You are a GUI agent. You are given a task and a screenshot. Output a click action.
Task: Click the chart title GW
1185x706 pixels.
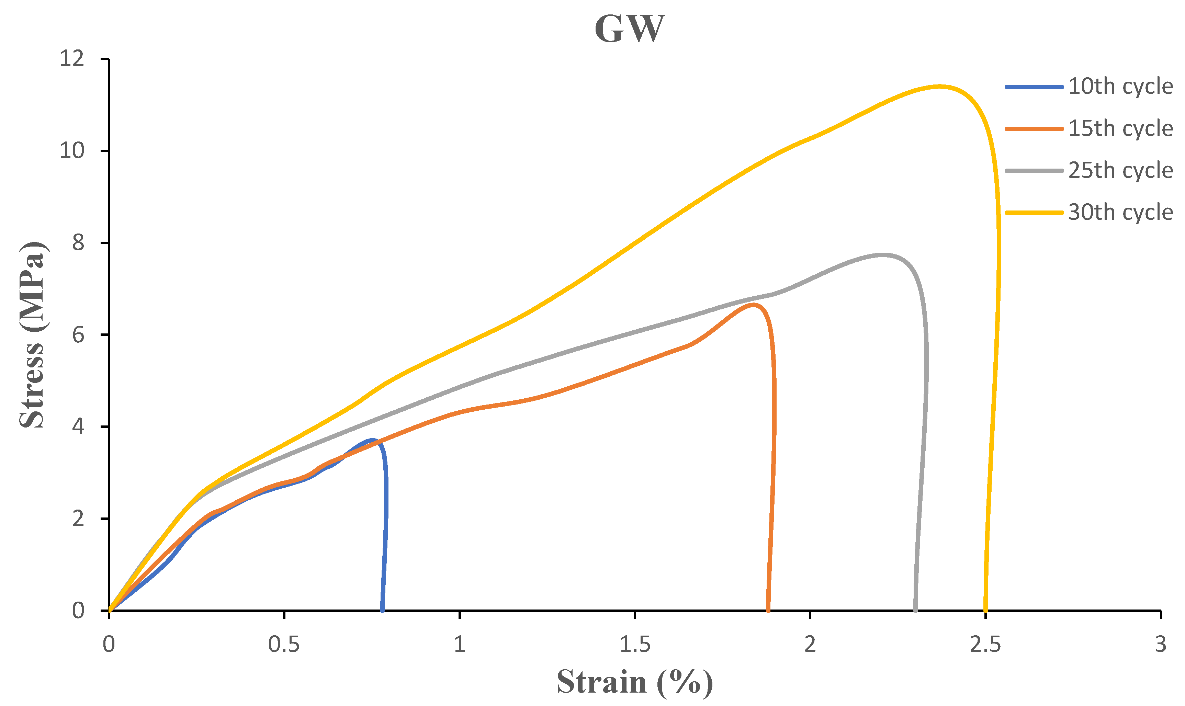pyautogui.click(x=629, y=30)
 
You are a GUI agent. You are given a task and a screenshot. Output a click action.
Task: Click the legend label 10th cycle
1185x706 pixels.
pyautogui.click(x=1120, y=87)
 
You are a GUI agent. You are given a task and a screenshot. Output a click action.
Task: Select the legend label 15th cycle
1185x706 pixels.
pyautogui.click(x=1120, y=128)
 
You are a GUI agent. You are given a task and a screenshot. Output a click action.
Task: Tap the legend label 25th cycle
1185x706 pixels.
pyautogui.click(x=1120, y=170)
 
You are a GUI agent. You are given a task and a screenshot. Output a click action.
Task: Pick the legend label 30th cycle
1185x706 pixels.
pyautogui.click(x=1120, y=212)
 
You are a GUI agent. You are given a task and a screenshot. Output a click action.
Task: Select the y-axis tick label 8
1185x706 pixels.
pyautogui.click(x=78, y=243)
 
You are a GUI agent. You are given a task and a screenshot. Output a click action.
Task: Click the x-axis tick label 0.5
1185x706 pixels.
pyautogui.click(x=284, y=645)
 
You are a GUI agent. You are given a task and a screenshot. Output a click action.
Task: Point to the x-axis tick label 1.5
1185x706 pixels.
pyautogui.click(x=635, y=645)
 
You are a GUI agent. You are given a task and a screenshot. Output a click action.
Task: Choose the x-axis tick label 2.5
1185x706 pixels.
pyautogui.click(x=985, y=645)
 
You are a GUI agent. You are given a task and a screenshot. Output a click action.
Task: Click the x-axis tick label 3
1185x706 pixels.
pyautogui.click(x=1160, y=645)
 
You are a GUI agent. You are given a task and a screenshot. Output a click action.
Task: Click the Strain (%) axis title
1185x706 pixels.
pyautogui.click(x=635, y=682)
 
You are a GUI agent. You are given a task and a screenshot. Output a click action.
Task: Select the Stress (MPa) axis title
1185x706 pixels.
pyautogui.click(x=32, y=335)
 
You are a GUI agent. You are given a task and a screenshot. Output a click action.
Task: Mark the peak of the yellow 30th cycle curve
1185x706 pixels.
pyautogui.click(x=938, y=86)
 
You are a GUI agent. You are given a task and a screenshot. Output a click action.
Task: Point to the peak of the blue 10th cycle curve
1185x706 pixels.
pyautogui.click(x=372, y=440)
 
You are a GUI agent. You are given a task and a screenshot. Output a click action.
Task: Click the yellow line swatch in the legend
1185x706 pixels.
pyautogui.click(x=1034, y=212)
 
